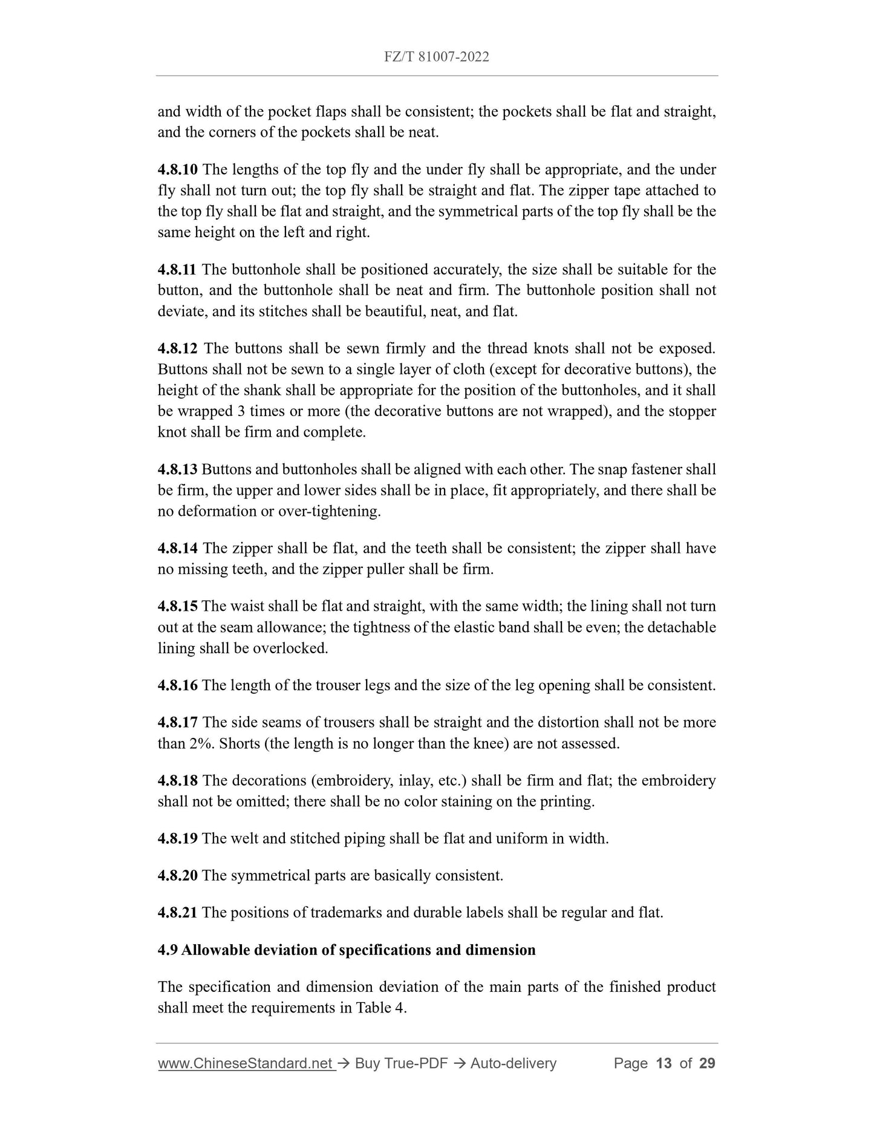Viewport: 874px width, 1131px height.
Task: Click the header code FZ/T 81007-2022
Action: (436, 57)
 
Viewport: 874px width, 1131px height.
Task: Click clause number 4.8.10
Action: (177, 169)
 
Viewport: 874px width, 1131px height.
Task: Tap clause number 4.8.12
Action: (177, 348)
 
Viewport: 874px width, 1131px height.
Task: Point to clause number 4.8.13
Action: (177, 469)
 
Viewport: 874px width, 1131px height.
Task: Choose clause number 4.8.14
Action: (177, 549)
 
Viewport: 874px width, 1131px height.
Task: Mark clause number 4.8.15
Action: (177, 606)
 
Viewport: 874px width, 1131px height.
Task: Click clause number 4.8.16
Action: (177, 685)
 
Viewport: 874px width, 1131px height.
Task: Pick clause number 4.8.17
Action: (177, 722)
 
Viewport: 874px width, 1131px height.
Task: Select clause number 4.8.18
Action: (177, 780)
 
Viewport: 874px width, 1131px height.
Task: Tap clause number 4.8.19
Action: (177, 838)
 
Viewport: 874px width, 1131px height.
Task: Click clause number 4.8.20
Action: (177, 875)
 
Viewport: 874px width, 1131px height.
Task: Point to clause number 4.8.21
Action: (177, 912)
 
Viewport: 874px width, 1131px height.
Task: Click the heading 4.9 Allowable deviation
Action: (346, 950)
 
